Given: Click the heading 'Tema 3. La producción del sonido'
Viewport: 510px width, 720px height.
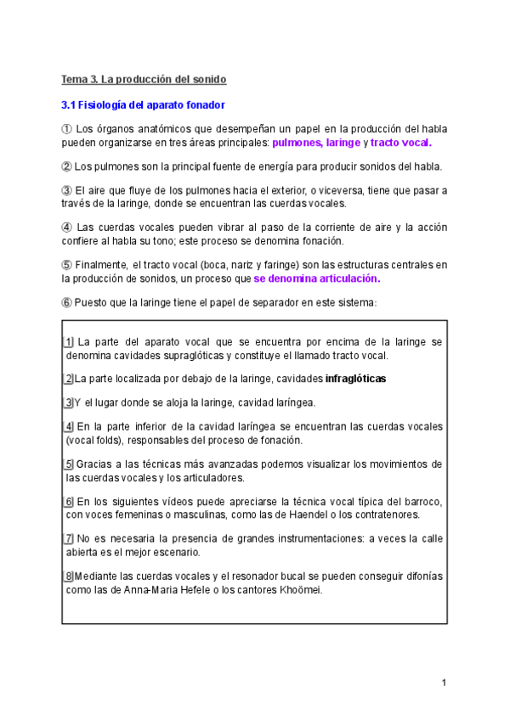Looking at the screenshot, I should click(144, 80).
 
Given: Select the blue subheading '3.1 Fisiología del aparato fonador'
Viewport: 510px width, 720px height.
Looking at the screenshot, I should click(143, 105).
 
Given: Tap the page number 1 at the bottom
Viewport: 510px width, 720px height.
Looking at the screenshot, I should click(444, 683).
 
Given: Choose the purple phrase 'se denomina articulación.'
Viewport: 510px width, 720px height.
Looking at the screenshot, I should click(317, 278).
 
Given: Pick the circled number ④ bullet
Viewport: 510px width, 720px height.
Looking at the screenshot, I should click(67, 228).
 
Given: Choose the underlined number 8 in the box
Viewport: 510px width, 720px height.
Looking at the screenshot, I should click(68, 577).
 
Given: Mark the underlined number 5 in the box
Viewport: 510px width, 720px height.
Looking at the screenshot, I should click(68, 464).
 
